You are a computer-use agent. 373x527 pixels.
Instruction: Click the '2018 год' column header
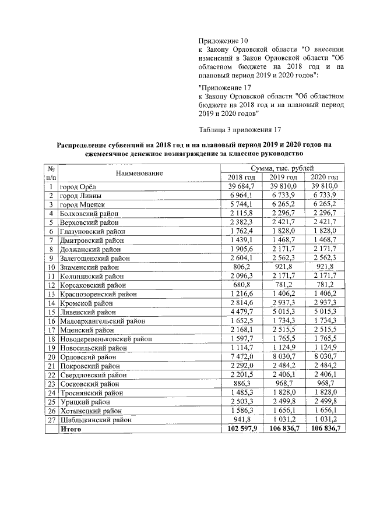pyautogui.click(x=241, y=177)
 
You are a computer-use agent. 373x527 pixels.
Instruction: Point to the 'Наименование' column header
pyautogui.click(x=139, y=173)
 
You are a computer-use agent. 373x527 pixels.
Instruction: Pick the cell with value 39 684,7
pyautogui.click(x=241, y=186)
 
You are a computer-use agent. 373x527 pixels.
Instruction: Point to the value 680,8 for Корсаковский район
pyautogui.click(x=241, y=285)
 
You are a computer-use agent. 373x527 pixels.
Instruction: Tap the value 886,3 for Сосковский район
pyautogui.click(x=241, y=401)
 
